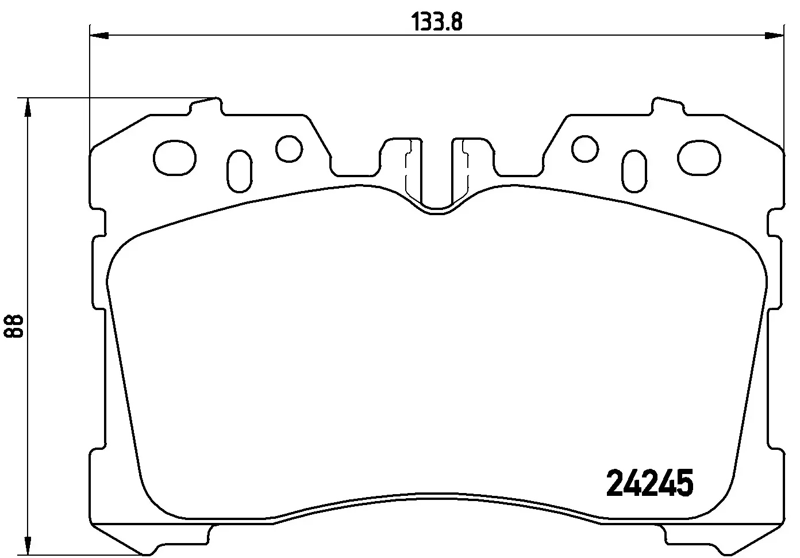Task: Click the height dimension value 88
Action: click(15, 326)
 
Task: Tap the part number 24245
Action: click(650, 483)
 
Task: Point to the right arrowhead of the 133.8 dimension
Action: click(775, 36)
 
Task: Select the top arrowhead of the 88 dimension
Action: click(25, 107)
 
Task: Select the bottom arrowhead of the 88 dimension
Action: click(25, 545)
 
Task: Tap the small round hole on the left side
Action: click(289, 148)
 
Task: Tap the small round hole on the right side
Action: click(586, 148)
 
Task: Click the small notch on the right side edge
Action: click(776, 222)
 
